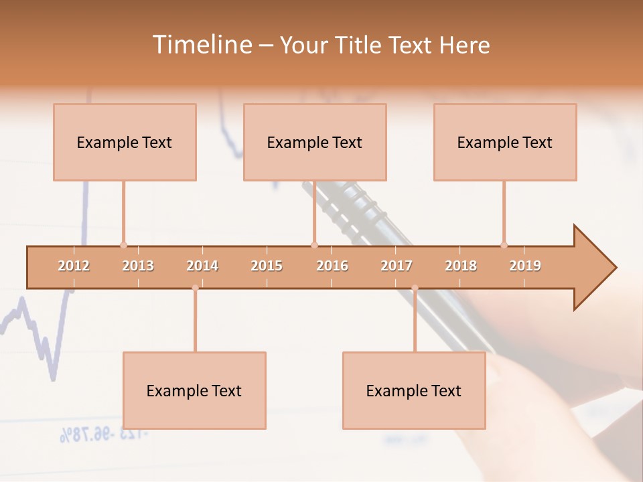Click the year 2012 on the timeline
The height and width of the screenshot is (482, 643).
74,266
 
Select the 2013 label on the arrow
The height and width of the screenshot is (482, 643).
138,266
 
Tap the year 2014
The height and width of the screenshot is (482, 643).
202,266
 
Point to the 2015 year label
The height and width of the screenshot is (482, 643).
267,266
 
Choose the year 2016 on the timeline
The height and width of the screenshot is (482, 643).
332,266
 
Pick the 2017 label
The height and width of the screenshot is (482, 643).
397,266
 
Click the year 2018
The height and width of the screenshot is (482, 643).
461,266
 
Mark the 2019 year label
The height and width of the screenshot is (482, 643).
525,266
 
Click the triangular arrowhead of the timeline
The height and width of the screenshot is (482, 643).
593,268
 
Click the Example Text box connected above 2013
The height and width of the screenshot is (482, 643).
125,142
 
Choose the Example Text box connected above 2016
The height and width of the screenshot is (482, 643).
315,142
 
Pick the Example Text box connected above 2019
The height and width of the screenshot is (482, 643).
505,142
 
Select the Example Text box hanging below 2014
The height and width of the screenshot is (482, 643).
194,390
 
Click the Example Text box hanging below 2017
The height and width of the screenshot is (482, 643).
414,390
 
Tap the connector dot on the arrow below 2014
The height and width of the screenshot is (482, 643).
195,288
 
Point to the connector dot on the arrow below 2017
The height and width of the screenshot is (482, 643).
415,288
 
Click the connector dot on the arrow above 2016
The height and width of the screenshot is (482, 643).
314,245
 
